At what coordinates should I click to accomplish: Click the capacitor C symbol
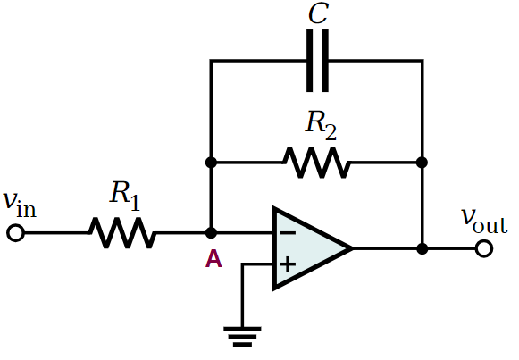317,61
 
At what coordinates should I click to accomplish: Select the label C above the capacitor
318,13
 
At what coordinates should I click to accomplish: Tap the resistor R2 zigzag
316,163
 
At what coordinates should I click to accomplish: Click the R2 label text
321,125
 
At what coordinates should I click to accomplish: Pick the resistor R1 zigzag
121,233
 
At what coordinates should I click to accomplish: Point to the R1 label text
125,196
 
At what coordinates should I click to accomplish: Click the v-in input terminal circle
15,233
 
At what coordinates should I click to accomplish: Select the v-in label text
19,205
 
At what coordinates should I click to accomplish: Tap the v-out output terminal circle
484,248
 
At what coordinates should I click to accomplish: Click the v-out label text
484,221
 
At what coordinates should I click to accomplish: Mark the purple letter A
213,259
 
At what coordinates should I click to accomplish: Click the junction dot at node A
211,233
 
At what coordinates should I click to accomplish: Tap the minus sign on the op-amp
288,233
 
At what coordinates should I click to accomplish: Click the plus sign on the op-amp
288,264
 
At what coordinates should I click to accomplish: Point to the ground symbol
242,337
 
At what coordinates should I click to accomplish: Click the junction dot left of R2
211,163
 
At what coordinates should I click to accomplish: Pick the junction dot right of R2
422,163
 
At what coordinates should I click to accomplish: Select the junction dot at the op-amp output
422,248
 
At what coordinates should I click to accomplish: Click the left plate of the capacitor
309,61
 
